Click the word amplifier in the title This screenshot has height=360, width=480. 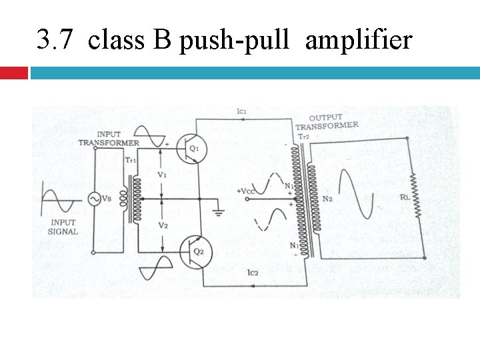(359, 41)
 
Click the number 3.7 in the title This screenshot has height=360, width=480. (54, 41)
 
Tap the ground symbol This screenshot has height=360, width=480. (217, 213)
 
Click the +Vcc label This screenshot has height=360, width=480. (246, 191)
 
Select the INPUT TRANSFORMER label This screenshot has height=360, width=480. (109, 138)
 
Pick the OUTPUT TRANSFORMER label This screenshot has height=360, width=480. (327, 122)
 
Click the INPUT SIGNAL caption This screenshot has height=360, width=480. (64, 227)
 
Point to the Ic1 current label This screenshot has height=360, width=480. (242, 111)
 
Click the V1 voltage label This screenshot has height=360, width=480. (162, 174)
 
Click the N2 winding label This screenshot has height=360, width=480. (327, 198)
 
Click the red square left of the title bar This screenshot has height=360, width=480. (13, 73)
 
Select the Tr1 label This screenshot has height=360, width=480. (131, 160)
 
